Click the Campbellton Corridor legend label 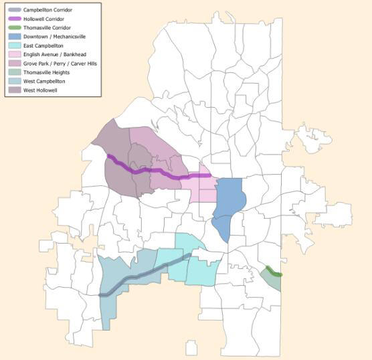pos(48,11)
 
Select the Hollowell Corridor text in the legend pos(43,19)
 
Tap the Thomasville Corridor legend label pos(46,28)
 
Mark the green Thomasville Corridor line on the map pos(274,272)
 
